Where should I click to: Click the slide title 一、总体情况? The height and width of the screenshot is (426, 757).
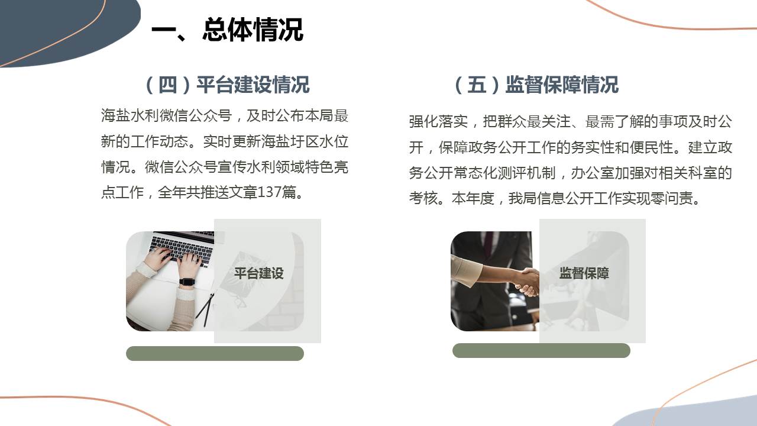(x=228, y=30)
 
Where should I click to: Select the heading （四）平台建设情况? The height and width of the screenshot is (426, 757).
(x=227, y=85)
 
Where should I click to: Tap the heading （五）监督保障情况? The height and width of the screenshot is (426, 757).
(x=536, y=85)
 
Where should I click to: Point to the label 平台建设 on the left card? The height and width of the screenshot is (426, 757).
(x=259, y=273)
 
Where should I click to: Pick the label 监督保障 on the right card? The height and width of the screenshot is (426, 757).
(x=584, y=273)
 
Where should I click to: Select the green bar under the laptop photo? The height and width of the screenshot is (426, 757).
(x=215, y=353)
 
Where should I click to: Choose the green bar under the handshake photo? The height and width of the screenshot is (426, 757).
(x=541, y=351)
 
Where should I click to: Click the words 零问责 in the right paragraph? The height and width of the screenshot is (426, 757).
(x=671, y=198)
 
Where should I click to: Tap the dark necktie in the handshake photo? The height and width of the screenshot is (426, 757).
(x=489, y=243)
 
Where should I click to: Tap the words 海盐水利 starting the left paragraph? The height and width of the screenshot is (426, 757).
(x=130, y=115)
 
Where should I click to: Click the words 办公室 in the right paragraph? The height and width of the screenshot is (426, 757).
(x=592, y=173)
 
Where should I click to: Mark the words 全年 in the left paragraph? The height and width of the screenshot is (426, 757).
(x=172, y=192)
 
